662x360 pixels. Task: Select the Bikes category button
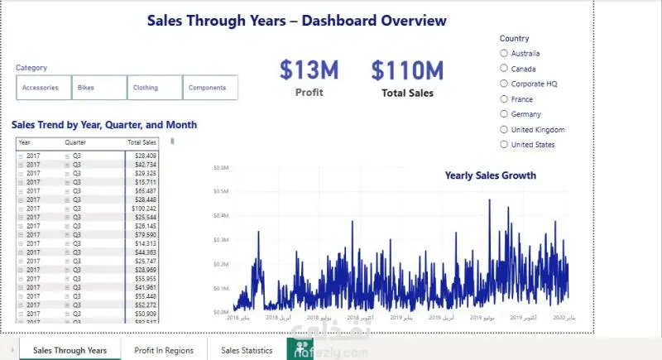[99, 88]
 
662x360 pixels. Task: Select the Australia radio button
[504, 54]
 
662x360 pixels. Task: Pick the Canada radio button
[504, 69]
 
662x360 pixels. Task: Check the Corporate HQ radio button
[504, 84]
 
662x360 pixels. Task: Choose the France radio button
[504, 99]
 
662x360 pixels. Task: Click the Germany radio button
[504, 114]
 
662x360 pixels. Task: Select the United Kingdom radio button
[504, 130]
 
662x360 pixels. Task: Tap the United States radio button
[504, 145]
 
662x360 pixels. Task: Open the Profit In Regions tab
[164, 350]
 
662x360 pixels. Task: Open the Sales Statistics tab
[247, 350]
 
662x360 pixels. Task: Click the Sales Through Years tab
[70, 350]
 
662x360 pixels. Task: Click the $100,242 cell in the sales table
[145, 209]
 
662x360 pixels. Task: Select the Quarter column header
[75, 142]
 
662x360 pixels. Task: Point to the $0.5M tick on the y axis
[221, 191]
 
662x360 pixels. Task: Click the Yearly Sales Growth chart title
[490, 175]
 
